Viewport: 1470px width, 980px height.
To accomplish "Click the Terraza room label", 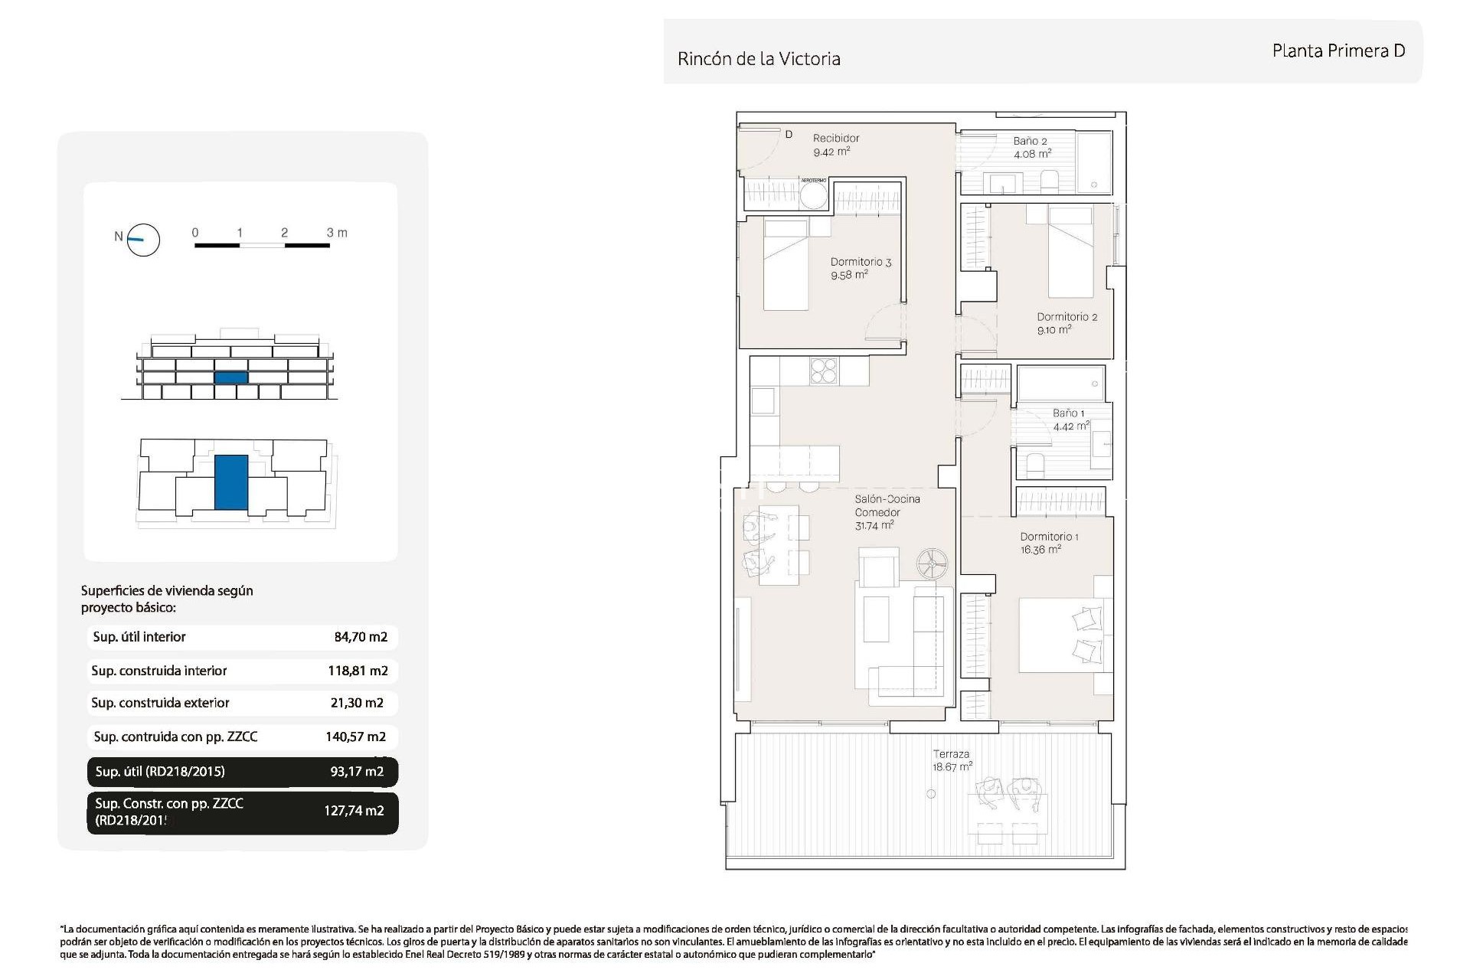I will point(950,754).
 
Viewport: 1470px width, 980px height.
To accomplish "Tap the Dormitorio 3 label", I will point(861,262).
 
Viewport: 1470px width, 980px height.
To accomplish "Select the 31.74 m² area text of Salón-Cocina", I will point(874,526).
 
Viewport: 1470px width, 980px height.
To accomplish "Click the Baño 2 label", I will point(1030,141).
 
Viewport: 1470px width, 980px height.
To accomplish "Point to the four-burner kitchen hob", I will point(825,371).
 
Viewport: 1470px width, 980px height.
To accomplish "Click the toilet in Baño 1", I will point(1034,465).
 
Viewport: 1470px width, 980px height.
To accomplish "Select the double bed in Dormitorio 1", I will point(1065,635).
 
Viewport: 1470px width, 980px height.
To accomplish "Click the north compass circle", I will point(143,240).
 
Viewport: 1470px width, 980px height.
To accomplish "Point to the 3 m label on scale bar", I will point(337,233).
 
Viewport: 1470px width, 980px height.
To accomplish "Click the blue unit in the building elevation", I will point(230,377).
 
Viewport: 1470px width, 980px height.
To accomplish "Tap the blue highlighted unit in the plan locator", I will point(230,482).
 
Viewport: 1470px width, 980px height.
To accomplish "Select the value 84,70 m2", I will point(361,637).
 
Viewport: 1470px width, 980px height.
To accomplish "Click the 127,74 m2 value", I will point(354,811).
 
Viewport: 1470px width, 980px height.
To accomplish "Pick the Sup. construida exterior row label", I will point(160,703).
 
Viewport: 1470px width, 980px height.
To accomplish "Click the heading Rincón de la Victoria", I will point(759,59).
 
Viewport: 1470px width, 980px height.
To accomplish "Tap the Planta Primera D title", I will point(1338,51).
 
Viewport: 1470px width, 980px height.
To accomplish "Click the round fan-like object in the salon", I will point(933,564).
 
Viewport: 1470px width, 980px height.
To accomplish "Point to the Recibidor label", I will point(836,139).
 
